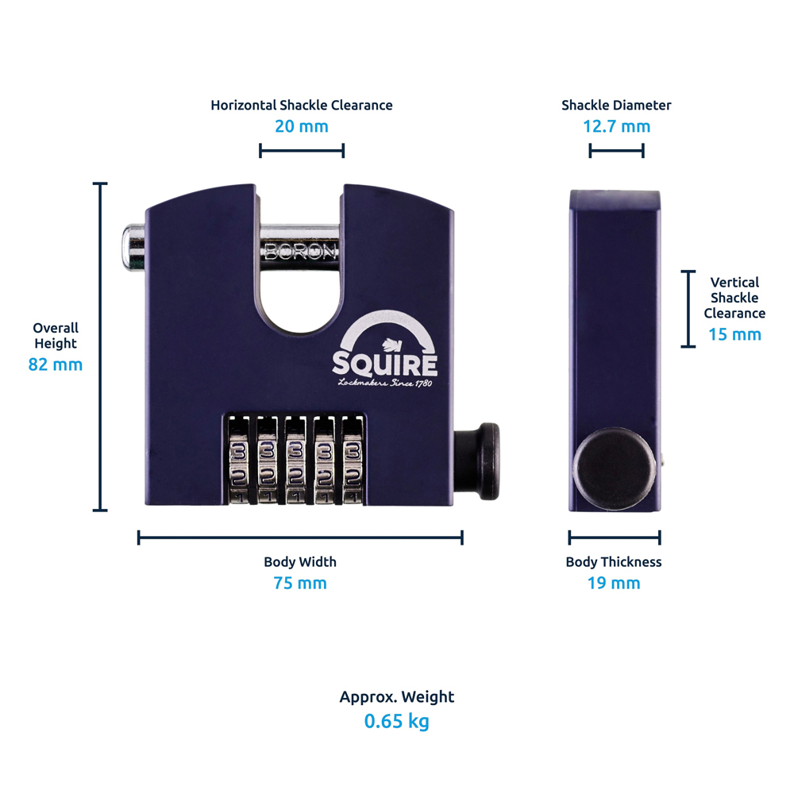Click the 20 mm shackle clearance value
301,126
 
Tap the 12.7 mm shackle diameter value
616,126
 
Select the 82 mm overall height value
56,364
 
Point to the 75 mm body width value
300,584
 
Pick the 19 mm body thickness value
613,584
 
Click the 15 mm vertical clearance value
734,334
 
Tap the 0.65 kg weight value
396,722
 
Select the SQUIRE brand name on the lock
385,364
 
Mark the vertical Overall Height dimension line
100,347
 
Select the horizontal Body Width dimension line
300,538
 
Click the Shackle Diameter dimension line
616,151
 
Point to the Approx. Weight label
397,697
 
